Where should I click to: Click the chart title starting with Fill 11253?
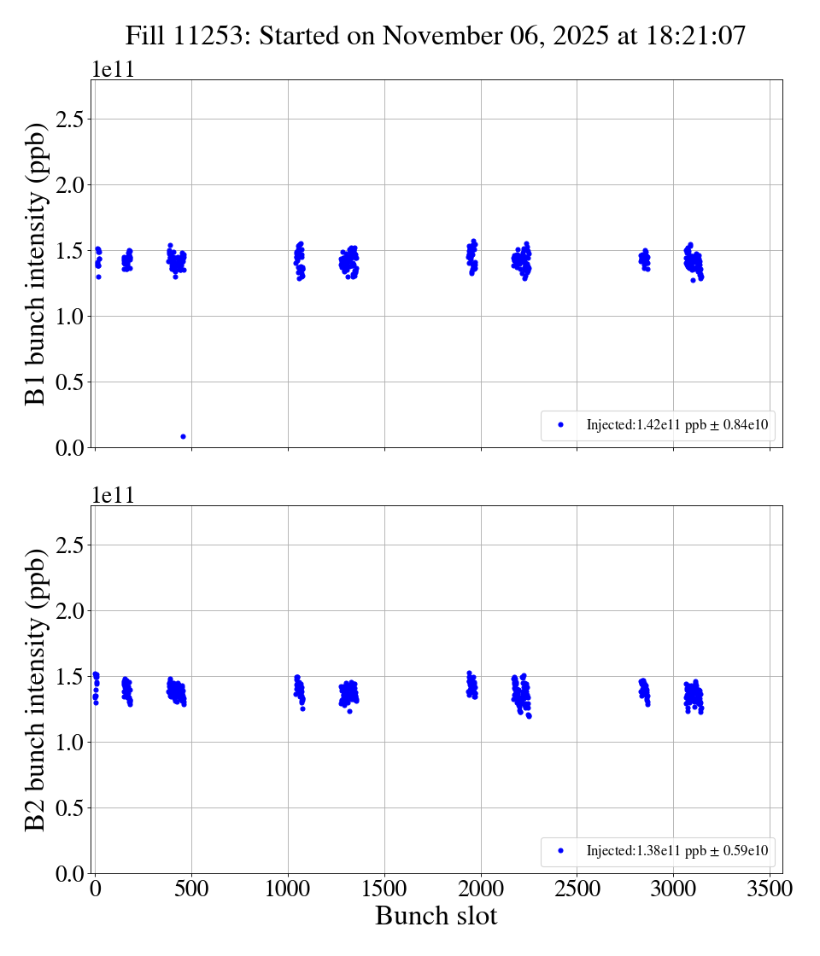[x=436, y=36]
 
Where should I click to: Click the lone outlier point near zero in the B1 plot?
[x=183, y=436]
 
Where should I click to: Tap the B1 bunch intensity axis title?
[x=35, y=263]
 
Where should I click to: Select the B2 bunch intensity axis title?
[x=35, y=689]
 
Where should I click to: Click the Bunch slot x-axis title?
[x=436, y=916]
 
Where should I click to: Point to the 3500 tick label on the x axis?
[x=770, y=889]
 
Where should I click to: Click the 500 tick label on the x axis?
[x=191, y=889]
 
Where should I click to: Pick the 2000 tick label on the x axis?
[x=481, y=889]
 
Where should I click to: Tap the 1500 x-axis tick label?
[x=384, y=889]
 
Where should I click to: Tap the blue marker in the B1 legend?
[x=560, y=424]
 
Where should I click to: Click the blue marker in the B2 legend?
[x=560, y=850]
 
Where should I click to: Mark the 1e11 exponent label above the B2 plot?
[x=113, y=496]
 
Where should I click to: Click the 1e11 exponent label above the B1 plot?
[x=113, y=70]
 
